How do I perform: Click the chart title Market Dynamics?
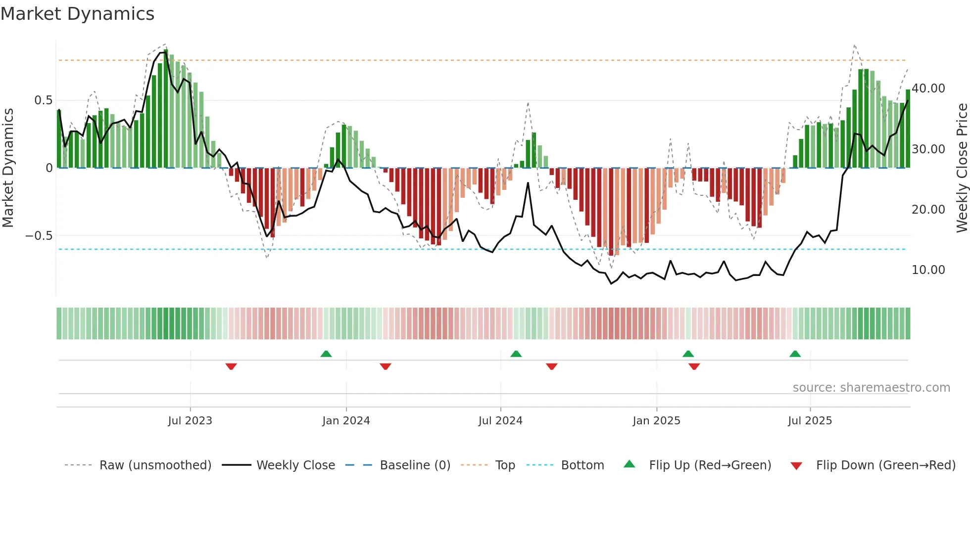[x=77, y=14]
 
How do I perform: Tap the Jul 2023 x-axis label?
[x=190, y=421]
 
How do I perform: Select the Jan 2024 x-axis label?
[x=346, y=421]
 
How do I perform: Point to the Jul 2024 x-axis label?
[x=500, y=421]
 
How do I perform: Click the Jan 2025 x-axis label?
[x=656, y=421]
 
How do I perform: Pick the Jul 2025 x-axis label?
[x=810, y=421]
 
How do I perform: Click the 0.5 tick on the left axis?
[x=43, y=100]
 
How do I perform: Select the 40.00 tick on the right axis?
[x=928, y=89]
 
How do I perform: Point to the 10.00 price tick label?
[x=928, y=270]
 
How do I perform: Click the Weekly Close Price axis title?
[x=962, y=168]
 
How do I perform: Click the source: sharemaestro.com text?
[x=871, y=388]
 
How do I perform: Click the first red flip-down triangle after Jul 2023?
[x=231, y=366]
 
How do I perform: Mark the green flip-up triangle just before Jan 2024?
[x=326, y=354]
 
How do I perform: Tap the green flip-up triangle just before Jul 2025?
[x=795, y=354]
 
